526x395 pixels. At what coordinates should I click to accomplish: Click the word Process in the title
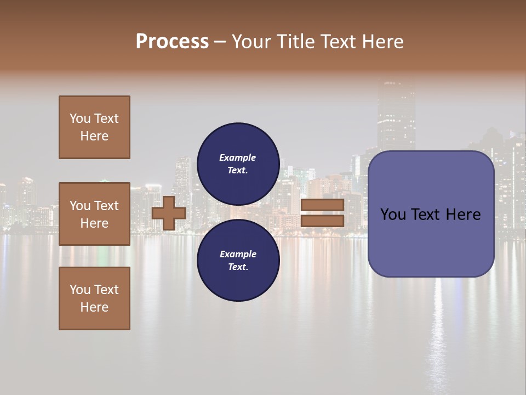(172, 42)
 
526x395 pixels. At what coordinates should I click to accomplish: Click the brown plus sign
(168, 213)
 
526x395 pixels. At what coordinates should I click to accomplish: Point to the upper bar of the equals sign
(322, 205)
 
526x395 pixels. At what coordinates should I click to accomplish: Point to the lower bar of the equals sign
(322, 221)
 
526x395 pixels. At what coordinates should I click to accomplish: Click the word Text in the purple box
(431, 215)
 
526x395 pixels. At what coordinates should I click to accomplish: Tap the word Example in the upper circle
(237, 158)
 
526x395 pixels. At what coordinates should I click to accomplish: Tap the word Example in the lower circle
(238, 255)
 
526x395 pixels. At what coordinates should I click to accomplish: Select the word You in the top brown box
(80, 119)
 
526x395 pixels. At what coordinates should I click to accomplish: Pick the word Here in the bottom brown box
(94, 308)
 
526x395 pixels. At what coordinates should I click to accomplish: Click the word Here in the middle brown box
(94, 223)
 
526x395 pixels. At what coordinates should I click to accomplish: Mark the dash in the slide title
(220, 42)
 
